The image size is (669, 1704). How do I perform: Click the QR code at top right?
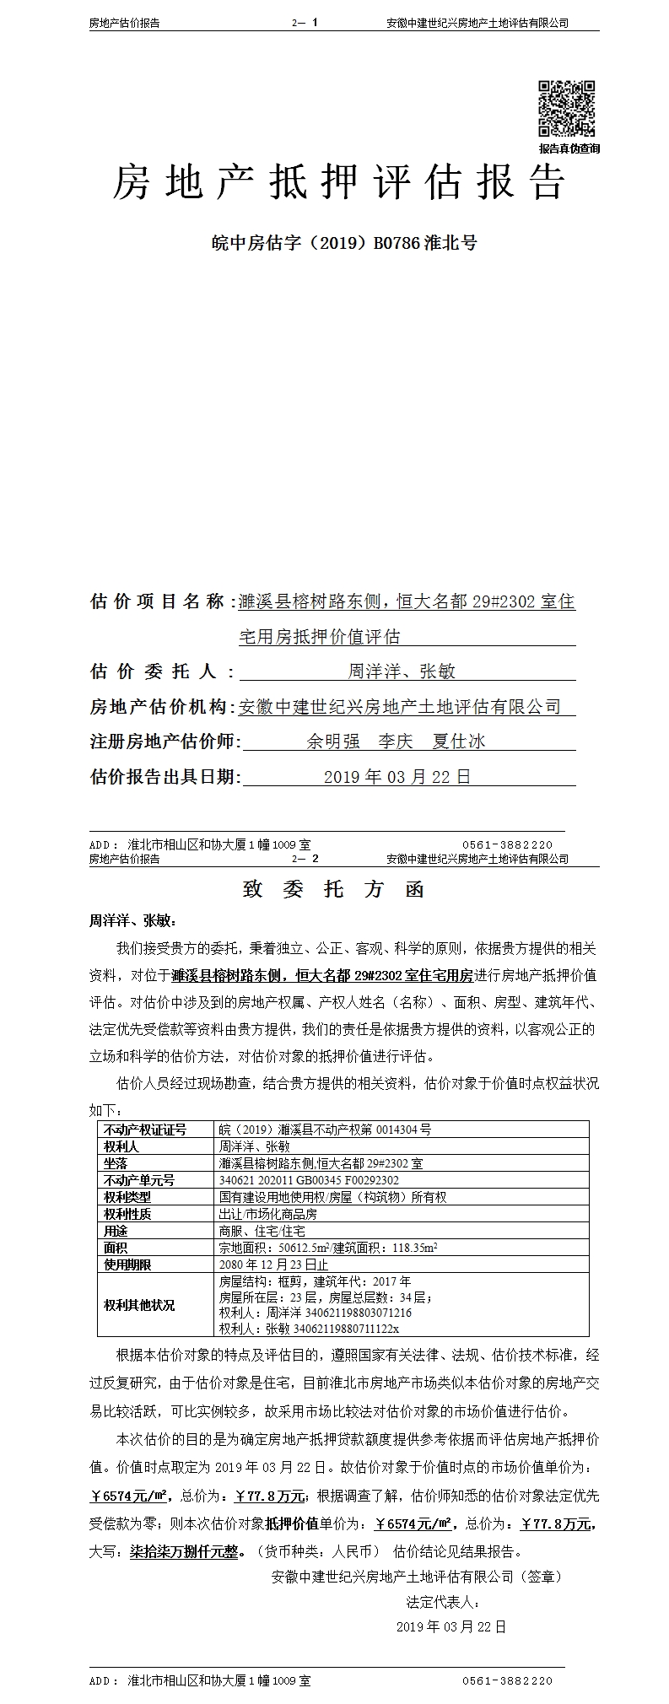566,108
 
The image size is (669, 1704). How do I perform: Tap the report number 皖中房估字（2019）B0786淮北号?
343,243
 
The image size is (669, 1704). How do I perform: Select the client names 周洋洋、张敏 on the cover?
402,671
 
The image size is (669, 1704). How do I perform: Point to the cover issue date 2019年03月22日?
397,777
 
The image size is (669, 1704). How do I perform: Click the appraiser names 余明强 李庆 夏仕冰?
396,741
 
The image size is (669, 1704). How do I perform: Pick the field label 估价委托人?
152,671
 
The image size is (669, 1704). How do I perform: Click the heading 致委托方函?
333,890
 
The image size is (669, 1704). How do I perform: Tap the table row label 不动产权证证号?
144,1130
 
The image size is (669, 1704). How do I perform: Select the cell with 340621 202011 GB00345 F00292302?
309,1180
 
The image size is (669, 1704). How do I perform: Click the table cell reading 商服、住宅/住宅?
262,1231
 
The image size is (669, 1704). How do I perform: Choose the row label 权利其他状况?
139,1305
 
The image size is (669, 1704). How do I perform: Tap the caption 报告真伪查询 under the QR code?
569,148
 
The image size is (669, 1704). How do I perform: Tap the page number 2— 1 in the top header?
305,24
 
